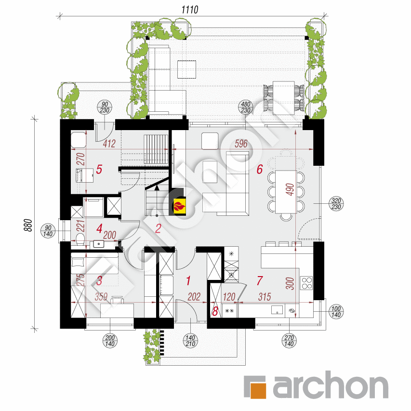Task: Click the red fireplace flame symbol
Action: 179,206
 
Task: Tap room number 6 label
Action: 259,169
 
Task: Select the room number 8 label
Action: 215,311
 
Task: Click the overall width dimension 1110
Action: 190,9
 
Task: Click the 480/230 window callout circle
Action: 246,107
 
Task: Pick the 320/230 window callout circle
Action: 337,204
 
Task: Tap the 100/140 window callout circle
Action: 336,312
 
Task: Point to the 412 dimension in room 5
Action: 109,143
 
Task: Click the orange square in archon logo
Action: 255,387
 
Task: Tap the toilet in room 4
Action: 80,240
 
